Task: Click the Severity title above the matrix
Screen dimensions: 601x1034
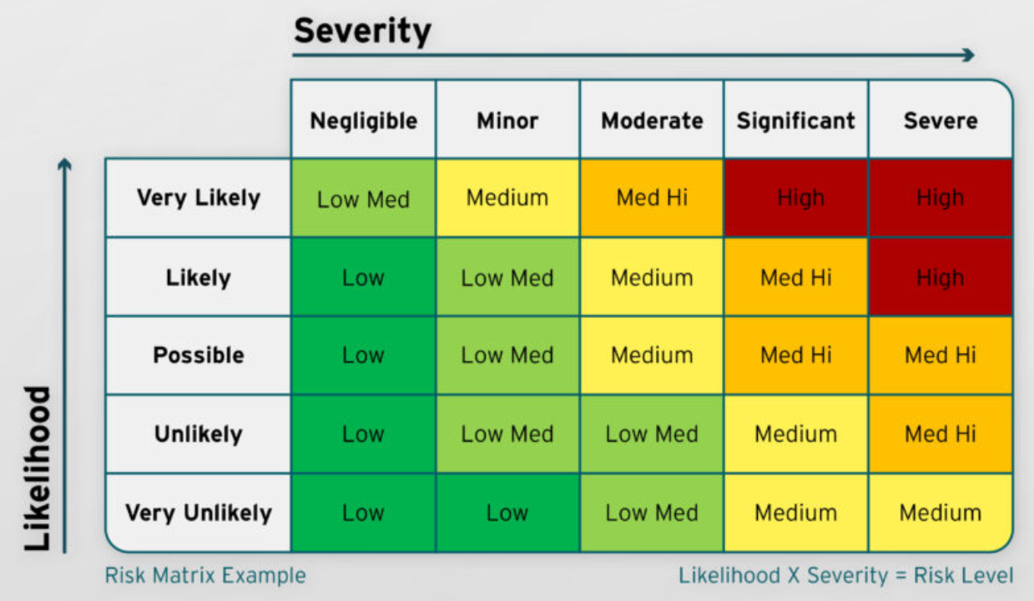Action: pos(362,31)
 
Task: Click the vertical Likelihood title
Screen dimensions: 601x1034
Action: pos(37,468)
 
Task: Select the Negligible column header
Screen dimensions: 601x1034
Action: pos(363,120)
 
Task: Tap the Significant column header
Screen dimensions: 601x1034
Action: pos(795,120)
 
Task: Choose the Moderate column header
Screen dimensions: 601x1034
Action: pos(652,120)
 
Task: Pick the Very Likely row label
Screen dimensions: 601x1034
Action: pos(199,198)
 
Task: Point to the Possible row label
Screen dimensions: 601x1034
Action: pos(199,355)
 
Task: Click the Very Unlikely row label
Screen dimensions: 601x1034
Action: pos(199,513)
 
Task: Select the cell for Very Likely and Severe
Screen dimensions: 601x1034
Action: pos(940,198)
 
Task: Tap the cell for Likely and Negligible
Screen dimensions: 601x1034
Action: pos(363,277)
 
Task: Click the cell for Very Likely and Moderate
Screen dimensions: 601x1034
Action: pos(652,198)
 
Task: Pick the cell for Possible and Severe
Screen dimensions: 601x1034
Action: pos(940,355)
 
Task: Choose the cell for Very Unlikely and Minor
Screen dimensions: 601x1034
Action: pos(507,513)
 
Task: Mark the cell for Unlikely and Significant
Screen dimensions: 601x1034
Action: pos(795,434)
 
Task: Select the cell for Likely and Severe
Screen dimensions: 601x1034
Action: pos(940,277)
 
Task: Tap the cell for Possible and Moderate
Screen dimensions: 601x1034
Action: pos(652,355)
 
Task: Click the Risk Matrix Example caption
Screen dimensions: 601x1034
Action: pos(205,575)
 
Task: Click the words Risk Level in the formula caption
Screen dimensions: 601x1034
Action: pos(964,575)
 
